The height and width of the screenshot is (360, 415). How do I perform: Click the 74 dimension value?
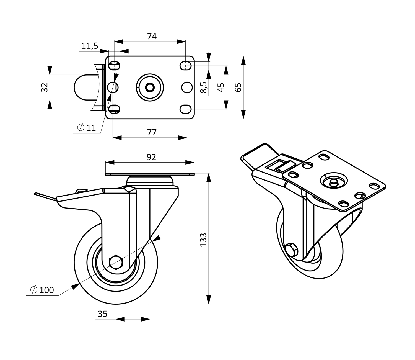click(x=152, y=36)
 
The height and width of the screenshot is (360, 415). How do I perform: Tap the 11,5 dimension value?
click(x=90, y=46)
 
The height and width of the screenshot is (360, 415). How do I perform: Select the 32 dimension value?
click(x=45, y=88)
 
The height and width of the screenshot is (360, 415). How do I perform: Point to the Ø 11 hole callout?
click(x=87, y=128)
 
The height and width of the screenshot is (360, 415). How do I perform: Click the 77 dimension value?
click(x=152, y=132)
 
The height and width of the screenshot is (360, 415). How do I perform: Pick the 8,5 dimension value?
click(x=204, y=88)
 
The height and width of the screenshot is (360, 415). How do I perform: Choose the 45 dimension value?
click(x=221, y=88)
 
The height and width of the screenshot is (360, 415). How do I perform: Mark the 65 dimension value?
click(x=238, y=88)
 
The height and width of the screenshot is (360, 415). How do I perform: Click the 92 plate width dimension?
click(x=151, y=157)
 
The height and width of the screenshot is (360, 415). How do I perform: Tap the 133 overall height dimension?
click(x=203, y=240)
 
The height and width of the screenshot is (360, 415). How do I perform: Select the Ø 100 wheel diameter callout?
click(x=42, y=290)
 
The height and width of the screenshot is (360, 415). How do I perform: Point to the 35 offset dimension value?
click(x=102, y=314)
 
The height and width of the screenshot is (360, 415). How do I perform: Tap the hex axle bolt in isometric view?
click(x=292, y=250)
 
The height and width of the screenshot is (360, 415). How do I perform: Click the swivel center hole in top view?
click(x=150, y=88)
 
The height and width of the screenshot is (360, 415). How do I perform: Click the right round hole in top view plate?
click(x=187, y=88)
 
